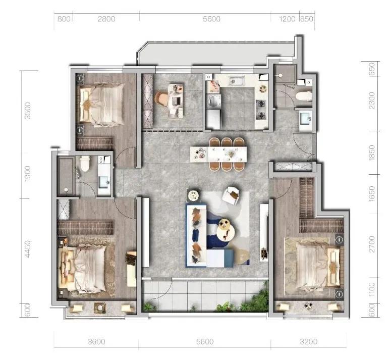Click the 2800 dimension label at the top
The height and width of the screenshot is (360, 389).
click(x=106, y=19)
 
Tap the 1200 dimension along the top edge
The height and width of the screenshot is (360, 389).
click(x=287, y=19)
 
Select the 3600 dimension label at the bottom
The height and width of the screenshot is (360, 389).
click(x=96, y=342)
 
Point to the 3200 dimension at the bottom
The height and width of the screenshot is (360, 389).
click(x=308, y=342)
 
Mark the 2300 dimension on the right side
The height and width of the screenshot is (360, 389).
click(x=372, y=100)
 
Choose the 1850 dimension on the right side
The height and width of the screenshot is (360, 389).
click(x=372, y=152)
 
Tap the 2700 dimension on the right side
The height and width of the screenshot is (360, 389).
click(x=372, y=244)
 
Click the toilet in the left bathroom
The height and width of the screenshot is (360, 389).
click(x=85, y=164)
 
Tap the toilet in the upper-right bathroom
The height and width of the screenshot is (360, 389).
click(x=304, y=96)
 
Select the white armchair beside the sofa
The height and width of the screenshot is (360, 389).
click(x=231, y=195)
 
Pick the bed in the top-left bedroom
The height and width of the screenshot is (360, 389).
click(x=102, y=105)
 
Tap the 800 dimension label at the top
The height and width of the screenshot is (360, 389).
click(x=64, y=19)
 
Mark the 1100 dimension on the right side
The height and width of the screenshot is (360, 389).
click(x=372, y=289)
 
